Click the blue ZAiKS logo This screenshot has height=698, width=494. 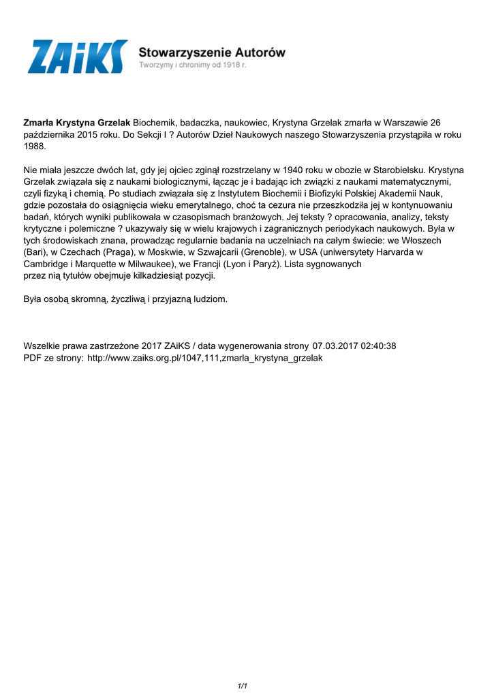click(x=77, y=57)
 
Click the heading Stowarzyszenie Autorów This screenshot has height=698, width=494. click(x=212, y=52)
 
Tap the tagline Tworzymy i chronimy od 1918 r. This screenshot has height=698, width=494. click(x=193, y=65)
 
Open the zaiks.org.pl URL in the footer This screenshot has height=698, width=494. click(x=204, y=357)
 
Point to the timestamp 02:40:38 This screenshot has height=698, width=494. click(x=379, y=346)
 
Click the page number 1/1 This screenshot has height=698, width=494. click(x=242, y=685)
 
